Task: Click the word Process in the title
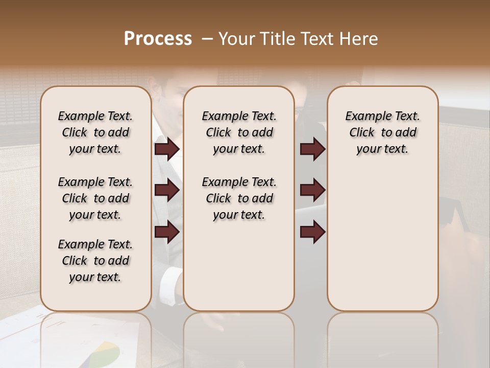(158, 39)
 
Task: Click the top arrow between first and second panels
(166, 149)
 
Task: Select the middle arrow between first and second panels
(166, 190)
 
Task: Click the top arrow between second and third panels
(312, 149)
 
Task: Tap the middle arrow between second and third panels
(312, 190)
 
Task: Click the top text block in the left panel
(95, 132)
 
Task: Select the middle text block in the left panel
(95, 198)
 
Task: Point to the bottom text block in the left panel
(95, 261)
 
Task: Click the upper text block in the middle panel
(239, 132)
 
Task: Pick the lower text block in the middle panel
(239, 198)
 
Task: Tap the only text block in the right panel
(382, 132)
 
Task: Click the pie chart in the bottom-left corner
(102, 353)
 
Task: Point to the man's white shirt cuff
(171, 282)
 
